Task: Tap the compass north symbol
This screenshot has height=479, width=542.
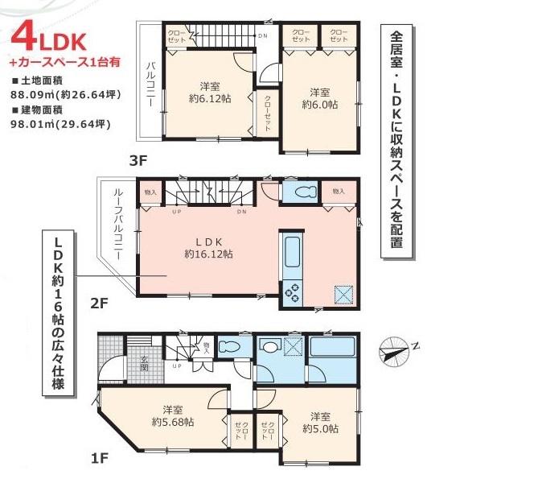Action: click(394, 350)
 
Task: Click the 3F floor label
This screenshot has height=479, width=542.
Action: click(138, 159)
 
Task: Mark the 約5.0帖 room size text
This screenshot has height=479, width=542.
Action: click(320, 422)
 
